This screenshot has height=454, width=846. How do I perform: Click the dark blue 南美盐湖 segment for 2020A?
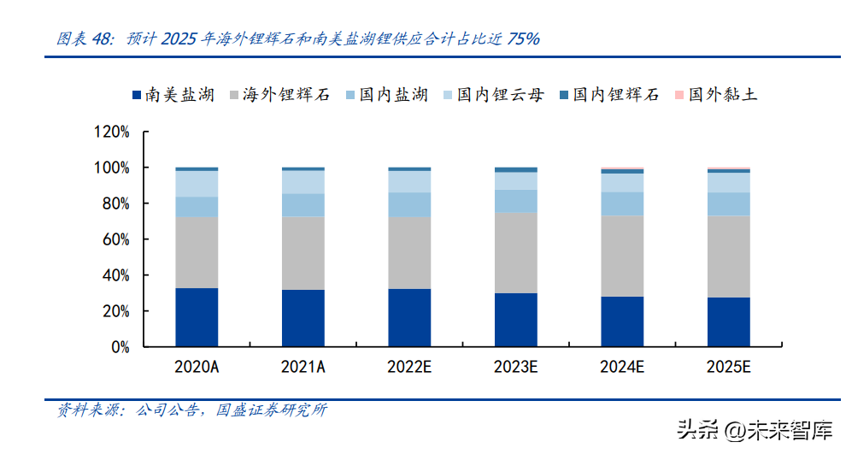pos(197,317)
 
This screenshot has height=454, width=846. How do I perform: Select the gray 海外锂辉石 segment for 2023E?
pos(516,252)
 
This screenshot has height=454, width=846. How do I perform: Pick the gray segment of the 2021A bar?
pos(303,252)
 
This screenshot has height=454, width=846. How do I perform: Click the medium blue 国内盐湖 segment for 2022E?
pos(409,204)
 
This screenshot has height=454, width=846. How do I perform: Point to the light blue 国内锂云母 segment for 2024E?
pos(622,182)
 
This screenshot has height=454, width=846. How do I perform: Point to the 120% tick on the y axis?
pos(112,133)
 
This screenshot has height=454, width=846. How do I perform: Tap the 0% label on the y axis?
pos(120,348)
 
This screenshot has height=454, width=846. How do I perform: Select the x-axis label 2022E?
pos(409,368)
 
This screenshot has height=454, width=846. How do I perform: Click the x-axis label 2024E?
pos(622,368)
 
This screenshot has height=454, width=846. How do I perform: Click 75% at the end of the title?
pos(523,38)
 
